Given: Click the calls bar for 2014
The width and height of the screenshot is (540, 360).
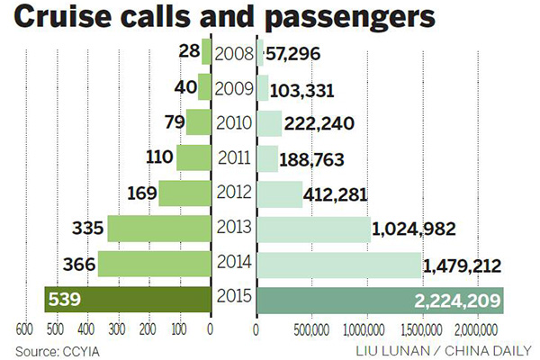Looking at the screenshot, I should [154, 264].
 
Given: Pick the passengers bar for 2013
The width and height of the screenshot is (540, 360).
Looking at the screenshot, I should [312, 229].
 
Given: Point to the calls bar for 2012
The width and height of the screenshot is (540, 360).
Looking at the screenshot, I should [184, 193].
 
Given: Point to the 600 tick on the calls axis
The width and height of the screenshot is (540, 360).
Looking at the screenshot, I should [26, 329].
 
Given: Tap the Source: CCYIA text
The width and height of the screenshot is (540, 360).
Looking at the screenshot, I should [55, 348].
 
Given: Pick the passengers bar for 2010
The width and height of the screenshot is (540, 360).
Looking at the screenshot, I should [269, 122].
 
